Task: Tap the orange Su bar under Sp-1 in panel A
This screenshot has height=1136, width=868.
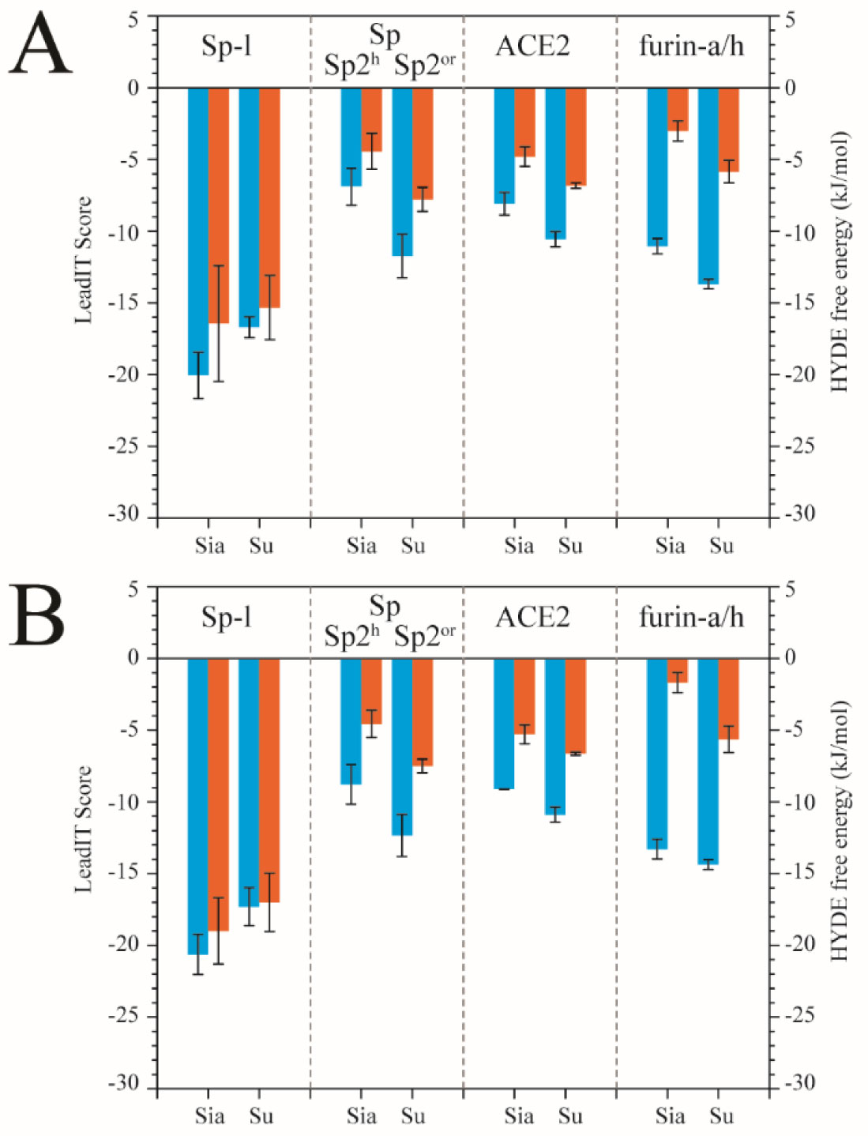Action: click(x=269, y=197)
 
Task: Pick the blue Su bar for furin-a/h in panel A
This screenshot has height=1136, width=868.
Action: click(x=708, y=186)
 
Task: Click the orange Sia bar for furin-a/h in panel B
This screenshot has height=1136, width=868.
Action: click(x=678, y=670)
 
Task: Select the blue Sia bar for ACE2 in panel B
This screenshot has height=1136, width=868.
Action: click(x=504, y=723)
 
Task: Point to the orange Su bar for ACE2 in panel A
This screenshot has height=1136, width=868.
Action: click(x=576, y=136)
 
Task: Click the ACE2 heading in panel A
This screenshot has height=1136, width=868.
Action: click(x=532, y=47)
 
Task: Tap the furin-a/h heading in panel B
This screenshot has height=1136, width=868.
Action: click(x=691, y=617)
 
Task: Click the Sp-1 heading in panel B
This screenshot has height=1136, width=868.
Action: click(x=227, y=617)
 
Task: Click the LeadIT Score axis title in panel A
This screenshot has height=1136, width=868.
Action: click(x=83, y=260)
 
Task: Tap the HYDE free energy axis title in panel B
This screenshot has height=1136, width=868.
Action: click(x=839, y=830)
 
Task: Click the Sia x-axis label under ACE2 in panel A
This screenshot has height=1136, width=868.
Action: click(x=519, y=546)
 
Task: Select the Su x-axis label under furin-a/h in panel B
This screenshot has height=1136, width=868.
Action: click(x=721, y=1116)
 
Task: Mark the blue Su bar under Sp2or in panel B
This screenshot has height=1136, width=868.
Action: click(x=402, y=747)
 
